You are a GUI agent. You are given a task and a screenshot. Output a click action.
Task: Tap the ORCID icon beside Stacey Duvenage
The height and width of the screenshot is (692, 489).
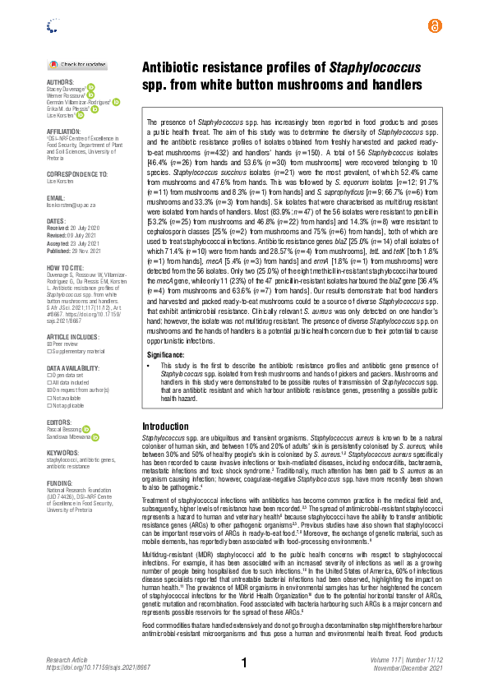[x=91, y=87]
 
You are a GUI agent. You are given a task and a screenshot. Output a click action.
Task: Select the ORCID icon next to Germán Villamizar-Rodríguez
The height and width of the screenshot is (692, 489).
[x=116, y=102]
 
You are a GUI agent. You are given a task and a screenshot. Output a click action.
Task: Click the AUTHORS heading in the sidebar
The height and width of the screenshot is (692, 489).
[x=60, y=82]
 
